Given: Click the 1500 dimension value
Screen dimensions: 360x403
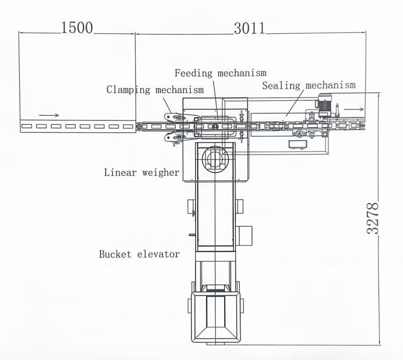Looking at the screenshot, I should point(77,28).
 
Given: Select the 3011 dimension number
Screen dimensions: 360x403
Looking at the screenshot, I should point(249,28).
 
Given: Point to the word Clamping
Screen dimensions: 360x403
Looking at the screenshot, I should point(128,90).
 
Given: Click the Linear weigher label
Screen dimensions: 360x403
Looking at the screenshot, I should point(142,173).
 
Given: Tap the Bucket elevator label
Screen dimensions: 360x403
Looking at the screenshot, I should point(139,254).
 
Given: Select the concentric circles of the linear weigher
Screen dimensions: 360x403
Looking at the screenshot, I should point(214,159).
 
